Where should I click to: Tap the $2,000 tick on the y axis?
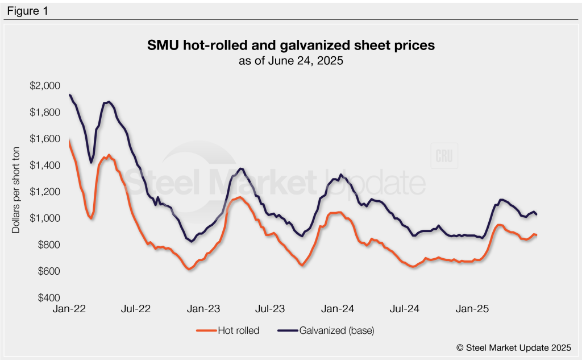(x=44, y=86)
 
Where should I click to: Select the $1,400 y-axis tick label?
(x=44, y=165)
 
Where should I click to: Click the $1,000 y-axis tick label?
(x=44, y=218)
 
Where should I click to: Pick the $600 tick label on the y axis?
(x=47, y=271)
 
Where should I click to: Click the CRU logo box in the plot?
(x=445, y=158)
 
